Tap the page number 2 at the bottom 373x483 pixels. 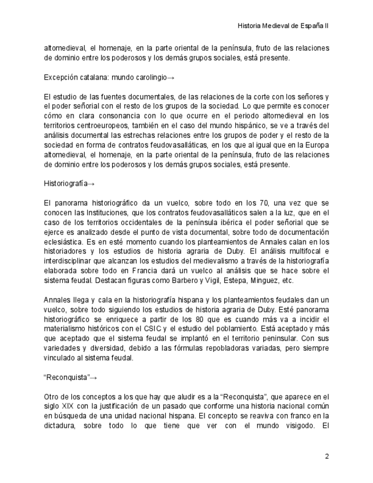[x=327, y=456]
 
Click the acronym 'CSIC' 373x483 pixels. [x=157, y=328]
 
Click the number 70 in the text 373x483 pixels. [x=244, y=203]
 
